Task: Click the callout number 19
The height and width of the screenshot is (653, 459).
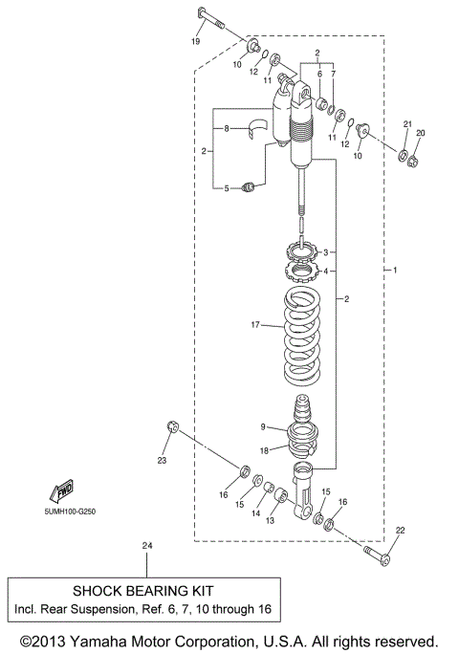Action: point(195,42)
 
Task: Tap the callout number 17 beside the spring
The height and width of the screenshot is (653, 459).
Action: point(255,326)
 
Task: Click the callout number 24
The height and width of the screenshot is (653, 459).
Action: point(146,546)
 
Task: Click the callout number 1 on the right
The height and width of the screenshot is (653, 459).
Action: point(394,272)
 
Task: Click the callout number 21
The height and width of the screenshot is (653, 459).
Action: point(404,125)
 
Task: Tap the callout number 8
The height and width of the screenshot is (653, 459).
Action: point(226,128)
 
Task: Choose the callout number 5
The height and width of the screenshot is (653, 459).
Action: point(226,188)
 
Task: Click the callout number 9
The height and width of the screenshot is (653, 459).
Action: point(261,427)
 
